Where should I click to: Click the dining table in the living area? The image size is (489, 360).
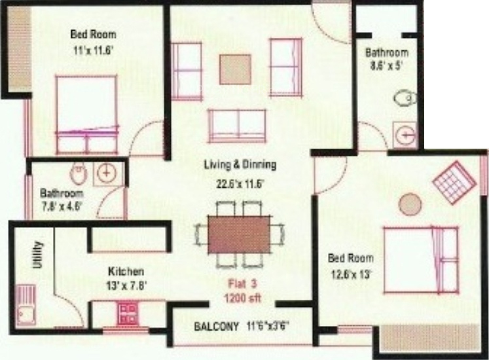pos(239,234)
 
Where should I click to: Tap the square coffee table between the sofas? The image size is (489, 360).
pos(235,68)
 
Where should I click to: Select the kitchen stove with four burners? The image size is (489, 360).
pos(126,313)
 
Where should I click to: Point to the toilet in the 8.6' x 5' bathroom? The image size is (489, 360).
pos(405,98)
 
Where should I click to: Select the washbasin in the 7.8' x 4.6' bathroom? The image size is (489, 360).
pos(105,173)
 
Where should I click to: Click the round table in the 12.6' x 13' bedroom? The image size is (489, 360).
pos(410,204)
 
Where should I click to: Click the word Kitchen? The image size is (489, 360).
pos(126,271)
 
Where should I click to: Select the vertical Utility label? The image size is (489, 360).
pos(37,256)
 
